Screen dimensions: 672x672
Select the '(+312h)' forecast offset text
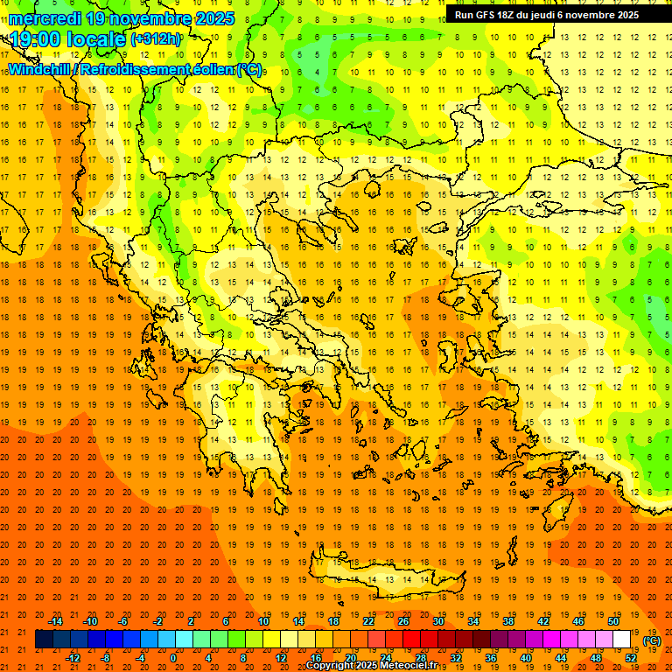click(x=156, y=39)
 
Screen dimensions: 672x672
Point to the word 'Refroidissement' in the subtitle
click(x=132, y=70)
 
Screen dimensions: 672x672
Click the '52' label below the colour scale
click(x=631, y=657)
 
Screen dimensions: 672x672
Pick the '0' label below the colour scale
click(x=172, y=657)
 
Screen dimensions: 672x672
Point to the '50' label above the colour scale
click(x=613, y=621)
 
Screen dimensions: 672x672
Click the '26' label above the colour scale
click(x=403, y=621)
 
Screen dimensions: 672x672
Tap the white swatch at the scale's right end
click(x=622, y=640)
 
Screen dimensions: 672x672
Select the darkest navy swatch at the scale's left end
click(x=44, y=640)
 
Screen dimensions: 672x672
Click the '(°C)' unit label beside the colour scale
click(x=652, y=640)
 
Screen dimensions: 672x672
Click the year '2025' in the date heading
click(x=209, y=18)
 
